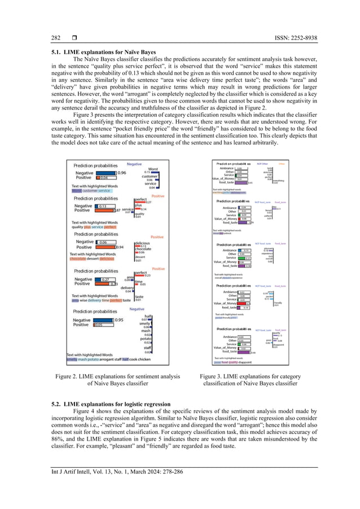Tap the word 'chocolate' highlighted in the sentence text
click(80, 260)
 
